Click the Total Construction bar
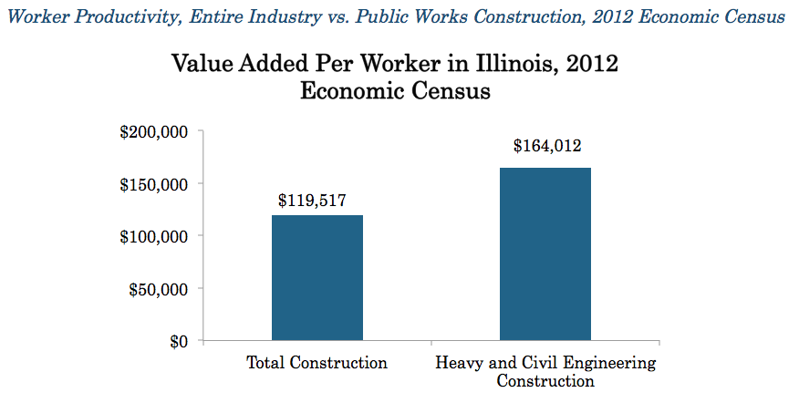317,278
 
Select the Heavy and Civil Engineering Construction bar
545,254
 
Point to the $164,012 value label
546,145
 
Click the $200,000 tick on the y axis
154,132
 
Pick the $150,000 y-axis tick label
154,184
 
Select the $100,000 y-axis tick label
154,236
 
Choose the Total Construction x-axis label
317,363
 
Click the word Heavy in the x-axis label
459,363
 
